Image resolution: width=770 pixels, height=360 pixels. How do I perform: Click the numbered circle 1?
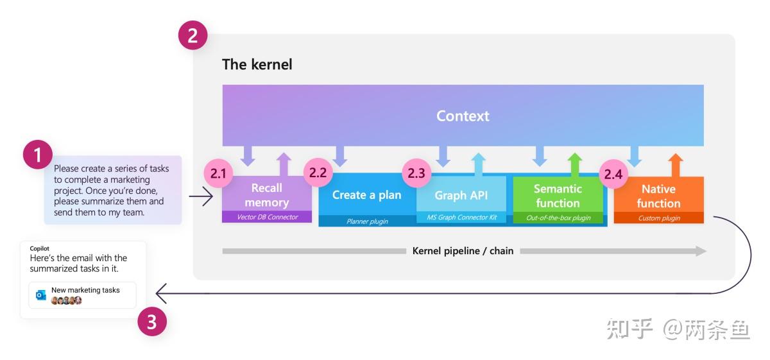point(38,155)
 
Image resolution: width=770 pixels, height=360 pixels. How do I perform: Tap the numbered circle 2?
point(193,35)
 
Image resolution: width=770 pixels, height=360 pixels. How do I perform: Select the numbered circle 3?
point(152,321)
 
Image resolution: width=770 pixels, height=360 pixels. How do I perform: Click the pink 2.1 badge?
point(219,173)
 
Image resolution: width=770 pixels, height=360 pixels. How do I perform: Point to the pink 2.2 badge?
point(318,173)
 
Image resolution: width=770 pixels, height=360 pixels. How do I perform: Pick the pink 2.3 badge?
point(417,173)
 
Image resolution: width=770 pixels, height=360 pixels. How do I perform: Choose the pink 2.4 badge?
point(614,174)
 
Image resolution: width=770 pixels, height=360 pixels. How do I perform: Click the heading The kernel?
point(257,64)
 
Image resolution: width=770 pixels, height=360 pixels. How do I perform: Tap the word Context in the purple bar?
point(463,116)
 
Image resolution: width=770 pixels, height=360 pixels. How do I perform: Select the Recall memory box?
point(266,195)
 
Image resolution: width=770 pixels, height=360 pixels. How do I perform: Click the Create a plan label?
point(366,194)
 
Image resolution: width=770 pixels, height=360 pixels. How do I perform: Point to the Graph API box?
point(461,195)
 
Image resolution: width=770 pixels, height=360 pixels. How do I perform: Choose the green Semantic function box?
point(558,196)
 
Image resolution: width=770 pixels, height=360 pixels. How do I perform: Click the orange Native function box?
point(658,196)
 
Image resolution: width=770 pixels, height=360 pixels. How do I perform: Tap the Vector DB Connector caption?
point(267,217)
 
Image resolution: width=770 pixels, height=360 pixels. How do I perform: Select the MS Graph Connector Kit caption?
point(461,218)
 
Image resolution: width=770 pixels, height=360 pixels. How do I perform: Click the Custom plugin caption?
point(658,218)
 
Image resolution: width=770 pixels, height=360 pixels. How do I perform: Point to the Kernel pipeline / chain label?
point(463,251)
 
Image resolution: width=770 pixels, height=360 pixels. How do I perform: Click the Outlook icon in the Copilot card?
point(41,295)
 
